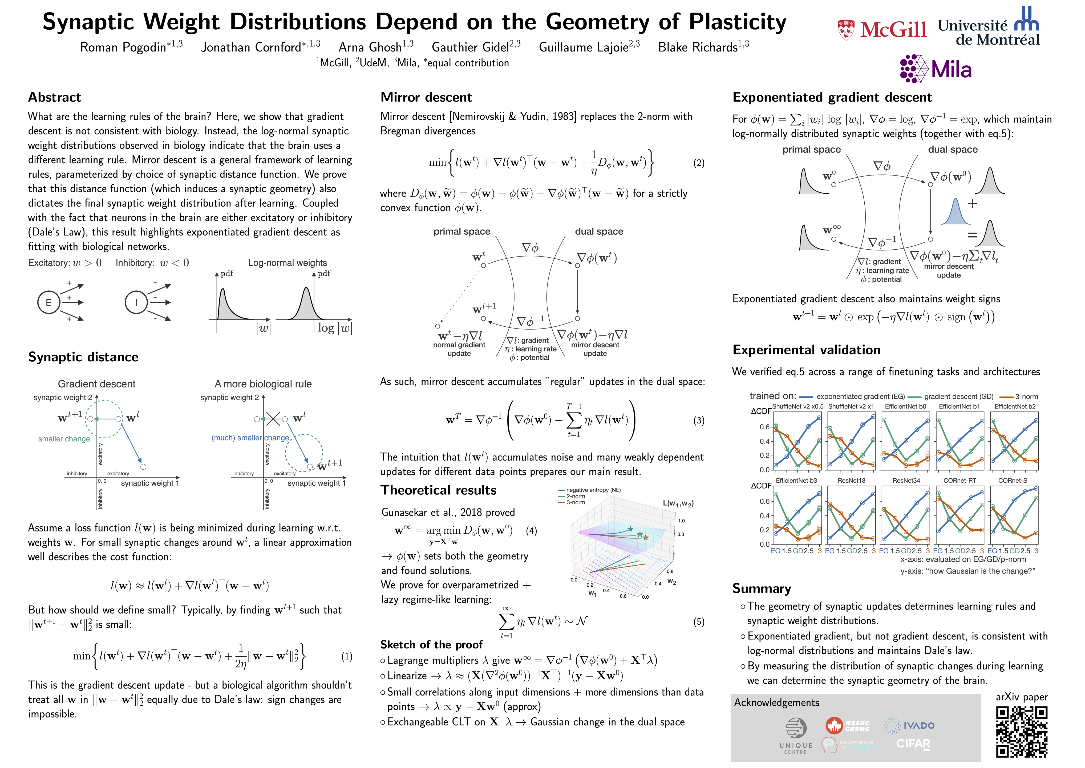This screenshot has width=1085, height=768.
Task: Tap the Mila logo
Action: (x=936, y=69)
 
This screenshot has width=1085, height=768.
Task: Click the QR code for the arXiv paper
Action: (x=1022, y=731)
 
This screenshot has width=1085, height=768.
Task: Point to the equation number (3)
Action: (x=698, y=421)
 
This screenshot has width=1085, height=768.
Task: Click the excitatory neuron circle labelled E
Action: (x=49, y=302)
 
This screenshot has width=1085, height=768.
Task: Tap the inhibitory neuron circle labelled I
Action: (x=136, y=302)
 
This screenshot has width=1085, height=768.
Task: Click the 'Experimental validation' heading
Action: (x=806, y=350)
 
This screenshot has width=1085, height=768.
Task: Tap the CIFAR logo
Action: (x=913, y=744)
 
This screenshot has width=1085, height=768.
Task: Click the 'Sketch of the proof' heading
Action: (x=431, y=645)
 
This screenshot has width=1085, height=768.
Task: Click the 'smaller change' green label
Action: (x=64, y=439)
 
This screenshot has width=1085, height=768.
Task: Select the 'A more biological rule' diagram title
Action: (x=263, y=384)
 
